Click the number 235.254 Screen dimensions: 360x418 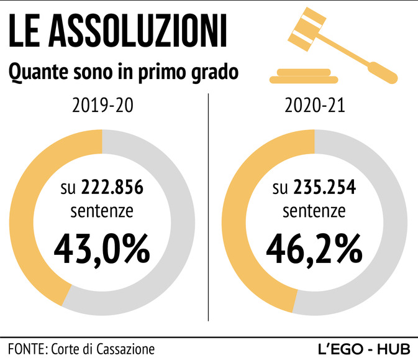point(324,187)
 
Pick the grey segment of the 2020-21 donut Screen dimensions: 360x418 point(392,224)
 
